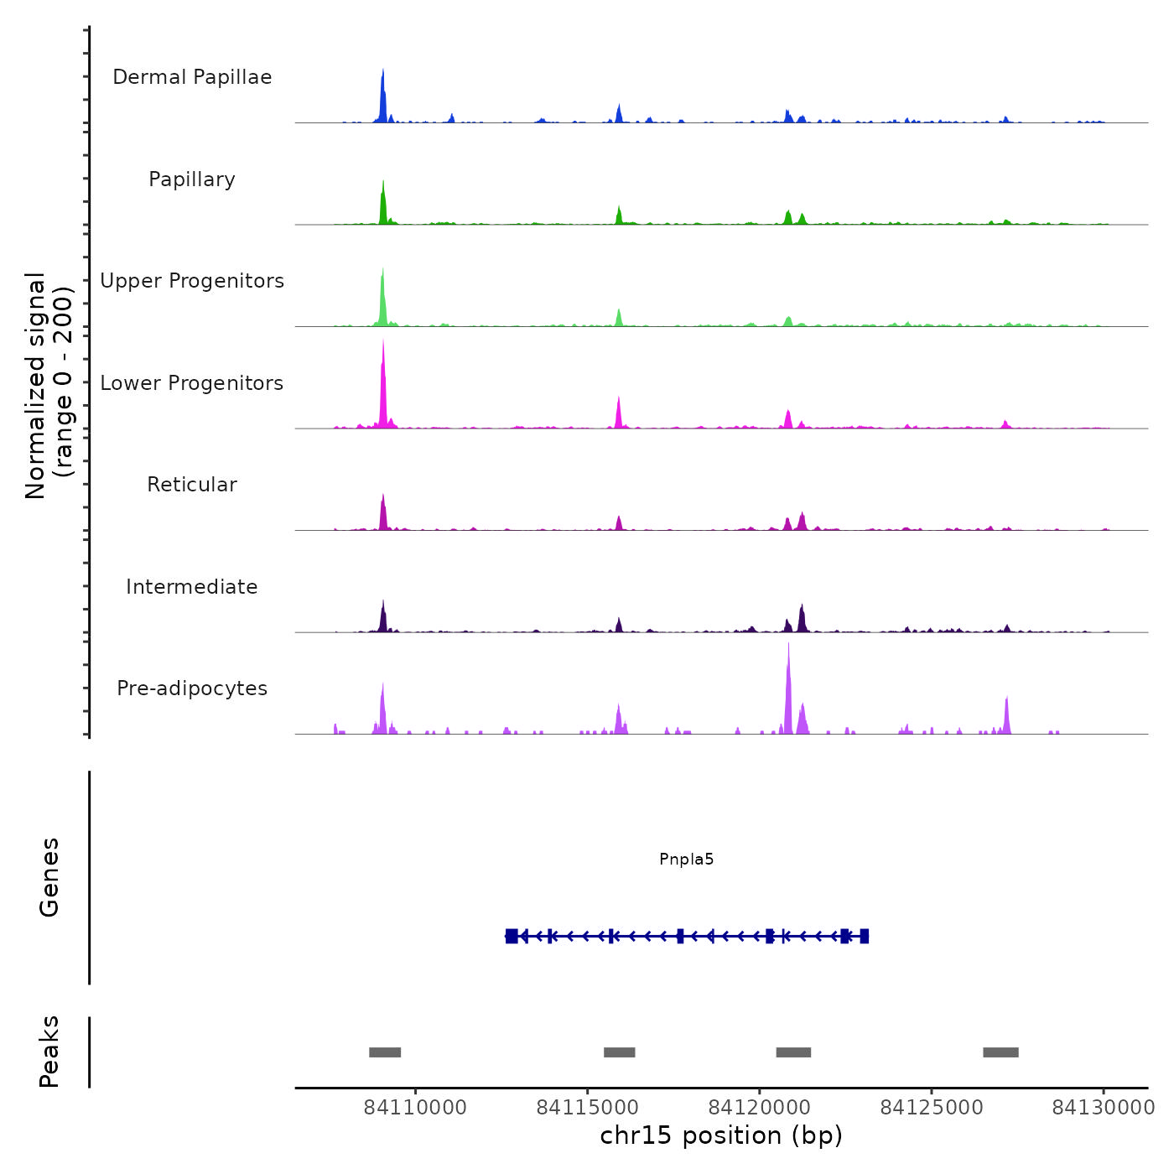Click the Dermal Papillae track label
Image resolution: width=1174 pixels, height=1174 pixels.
(192, 77)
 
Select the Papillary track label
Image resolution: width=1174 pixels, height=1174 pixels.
(192, 179)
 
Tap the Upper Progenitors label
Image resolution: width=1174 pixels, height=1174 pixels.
(192, 281)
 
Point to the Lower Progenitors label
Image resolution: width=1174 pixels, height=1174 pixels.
(192, 383)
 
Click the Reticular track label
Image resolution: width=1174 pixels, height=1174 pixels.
(192, 485)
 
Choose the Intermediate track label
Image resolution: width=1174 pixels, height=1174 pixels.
(192, 587)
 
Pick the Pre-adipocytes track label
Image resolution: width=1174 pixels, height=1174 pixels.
(192, 688)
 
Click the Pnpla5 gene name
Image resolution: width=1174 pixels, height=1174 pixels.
(686, 859)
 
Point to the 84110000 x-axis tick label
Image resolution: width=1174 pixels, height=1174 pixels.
(415, 1108)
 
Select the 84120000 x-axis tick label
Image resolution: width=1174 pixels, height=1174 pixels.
(760, 1108)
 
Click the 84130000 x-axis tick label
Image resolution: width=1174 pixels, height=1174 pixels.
(1104, 1108)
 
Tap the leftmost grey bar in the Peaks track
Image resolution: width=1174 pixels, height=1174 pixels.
(385, 1052)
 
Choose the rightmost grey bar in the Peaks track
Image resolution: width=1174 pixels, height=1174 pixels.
(1000, 1052)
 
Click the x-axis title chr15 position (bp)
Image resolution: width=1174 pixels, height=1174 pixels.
(721, 1135)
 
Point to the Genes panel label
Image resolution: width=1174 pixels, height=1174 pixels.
(49, 877)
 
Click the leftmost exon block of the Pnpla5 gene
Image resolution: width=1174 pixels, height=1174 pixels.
(512, 936)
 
